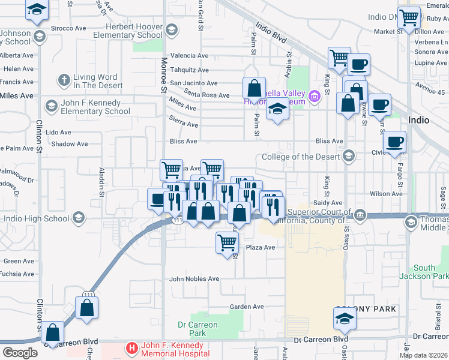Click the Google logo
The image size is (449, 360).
20,352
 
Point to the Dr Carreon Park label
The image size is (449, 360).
197,329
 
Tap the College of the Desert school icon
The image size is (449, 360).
348,157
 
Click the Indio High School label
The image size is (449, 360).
35,218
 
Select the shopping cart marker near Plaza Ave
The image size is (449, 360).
227,242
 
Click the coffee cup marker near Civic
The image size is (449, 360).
394,142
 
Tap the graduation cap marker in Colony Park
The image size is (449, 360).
345,318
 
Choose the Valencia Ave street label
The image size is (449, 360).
189,55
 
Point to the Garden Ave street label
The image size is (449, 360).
247,307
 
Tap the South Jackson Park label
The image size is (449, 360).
424,272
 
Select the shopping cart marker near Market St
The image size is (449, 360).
409,17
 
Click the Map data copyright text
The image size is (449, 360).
423,355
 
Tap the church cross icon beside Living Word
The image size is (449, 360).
64,79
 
